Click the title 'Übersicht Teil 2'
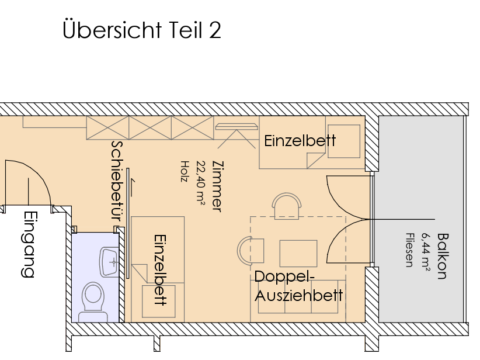pos(142,30)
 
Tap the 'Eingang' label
pos(29,244)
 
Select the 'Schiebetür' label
pos(117,181)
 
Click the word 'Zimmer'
pos(218,186)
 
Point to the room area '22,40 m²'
pos(201,182)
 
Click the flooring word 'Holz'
pos(184,172)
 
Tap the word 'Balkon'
pos(443,256)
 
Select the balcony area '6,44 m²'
pos(426,252)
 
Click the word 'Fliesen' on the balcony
pos(409,250)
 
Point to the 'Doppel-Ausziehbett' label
pos(298,286)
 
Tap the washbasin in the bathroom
pos(109,262)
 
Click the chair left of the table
pos(251,250)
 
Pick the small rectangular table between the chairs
pos(298,254)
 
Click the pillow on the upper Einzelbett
pos(344,141)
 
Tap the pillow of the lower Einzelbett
pos(159,302)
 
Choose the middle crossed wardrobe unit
pos(149,128)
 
